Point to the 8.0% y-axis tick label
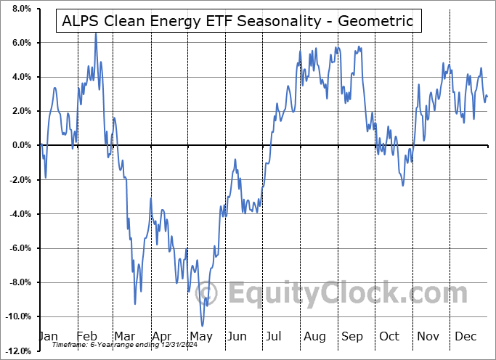pos(20,9)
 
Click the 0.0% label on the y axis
pos(20,145)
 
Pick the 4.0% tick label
pos(20,77)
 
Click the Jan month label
pos(47,337)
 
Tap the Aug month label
pos(314,337)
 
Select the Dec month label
pos(466,337)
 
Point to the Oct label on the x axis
pos(390,337)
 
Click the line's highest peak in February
pos(95,33)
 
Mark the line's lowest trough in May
pos(203,325)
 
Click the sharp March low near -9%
pos(135,303)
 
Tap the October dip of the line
pos(403,185)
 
